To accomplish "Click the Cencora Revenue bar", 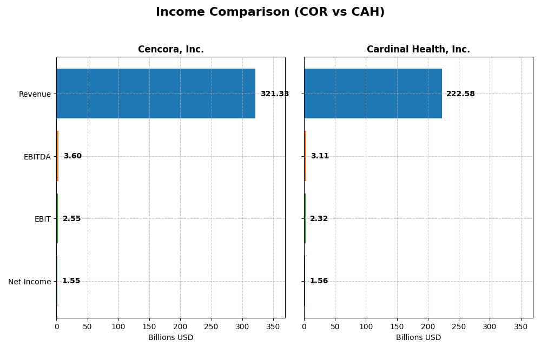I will point(156,94).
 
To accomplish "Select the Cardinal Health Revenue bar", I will point(373,94).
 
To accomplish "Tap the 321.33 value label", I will point(274,94).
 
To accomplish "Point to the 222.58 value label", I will point(460,94).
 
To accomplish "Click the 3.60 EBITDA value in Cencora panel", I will point(72,156).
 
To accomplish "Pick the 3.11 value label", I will point(320,156).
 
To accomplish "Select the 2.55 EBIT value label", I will point(71,219).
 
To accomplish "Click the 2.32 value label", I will point(319,219).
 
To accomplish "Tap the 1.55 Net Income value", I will point(71,281).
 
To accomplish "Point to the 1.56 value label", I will point(319,281).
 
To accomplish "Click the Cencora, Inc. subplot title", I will point(171,50).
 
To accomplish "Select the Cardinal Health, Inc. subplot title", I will point(418,50).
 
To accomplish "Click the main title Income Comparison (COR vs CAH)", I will point(270,12).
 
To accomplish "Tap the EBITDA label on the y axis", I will point(37,157).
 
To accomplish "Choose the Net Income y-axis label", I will point(29,282).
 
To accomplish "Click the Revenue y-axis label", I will point(35,94).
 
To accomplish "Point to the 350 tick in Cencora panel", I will point(273,327).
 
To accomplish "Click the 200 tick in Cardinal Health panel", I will point(428,327).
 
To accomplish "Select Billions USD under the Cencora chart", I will point(170,338).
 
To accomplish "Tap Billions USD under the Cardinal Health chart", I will point(418,338).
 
